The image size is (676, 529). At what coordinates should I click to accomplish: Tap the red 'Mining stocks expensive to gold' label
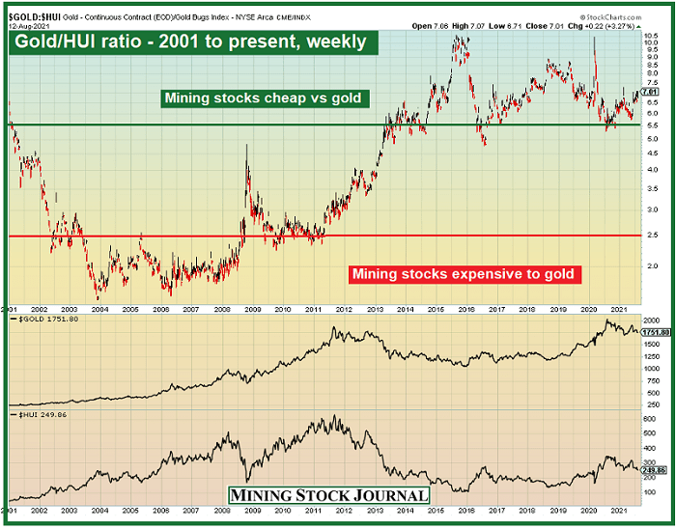pyautogui.click(x=465, y=274)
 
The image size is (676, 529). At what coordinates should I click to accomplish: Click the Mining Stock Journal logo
pyautogui.click(x=328, y=495)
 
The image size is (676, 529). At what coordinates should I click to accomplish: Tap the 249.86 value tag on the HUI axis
pyautogui.click(x=650, y=470)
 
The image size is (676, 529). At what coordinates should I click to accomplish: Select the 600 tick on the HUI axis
pyautogui.click(x=647, y=419)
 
